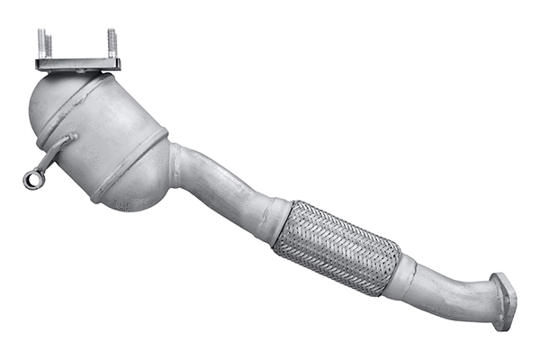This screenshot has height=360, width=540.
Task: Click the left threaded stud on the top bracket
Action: pos(43,43)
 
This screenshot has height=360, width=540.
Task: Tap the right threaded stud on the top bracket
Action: pos(112,43)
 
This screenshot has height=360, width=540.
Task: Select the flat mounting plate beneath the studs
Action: pos(77,64)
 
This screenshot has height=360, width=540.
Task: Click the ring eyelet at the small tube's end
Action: pos(32,179)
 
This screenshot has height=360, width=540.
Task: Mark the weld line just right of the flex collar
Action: pos(417,274)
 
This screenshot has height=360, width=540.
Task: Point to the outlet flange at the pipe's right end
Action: pos(503,301)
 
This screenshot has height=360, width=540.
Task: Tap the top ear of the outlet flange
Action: pos(498,278)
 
